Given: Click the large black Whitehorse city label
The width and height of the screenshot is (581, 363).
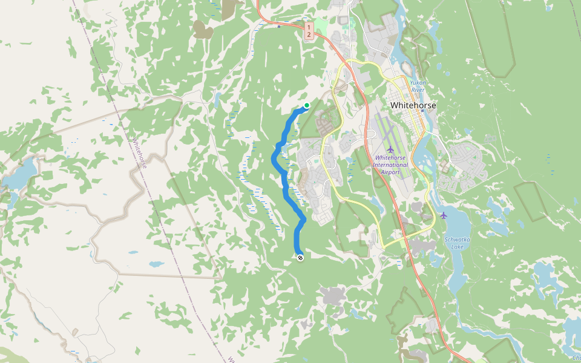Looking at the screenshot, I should (x=413, y=105).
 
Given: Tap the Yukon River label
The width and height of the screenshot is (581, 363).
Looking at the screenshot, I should (x=418, y=86).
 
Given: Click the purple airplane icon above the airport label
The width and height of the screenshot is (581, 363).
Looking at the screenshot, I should (x=390, y=149).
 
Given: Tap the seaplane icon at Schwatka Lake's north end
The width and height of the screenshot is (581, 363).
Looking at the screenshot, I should (x=444, y=215).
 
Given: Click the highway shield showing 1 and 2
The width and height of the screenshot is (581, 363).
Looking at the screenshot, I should (x=309, y=31).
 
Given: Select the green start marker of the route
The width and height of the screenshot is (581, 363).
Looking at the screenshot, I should (x=307, y=106).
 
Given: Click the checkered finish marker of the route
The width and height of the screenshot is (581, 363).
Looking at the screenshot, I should (x=300, y=258).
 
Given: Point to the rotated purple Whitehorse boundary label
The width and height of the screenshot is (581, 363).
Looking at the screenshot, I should (x=139, y=154).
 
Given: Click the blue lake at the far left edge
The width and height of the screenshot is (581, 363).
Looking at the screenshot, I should (x=18, y=175).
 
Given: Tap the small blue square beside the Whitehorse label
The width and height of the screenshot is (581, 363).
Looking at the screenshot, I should (x=422, y=111).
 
